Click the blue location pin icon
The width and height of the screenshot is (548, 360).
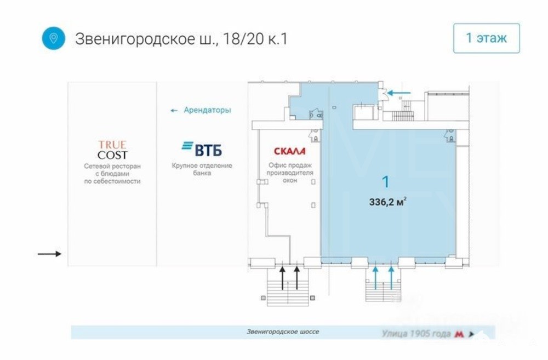click(54, 38)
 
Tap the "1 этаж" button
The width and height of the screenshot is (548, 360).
click(486, 38)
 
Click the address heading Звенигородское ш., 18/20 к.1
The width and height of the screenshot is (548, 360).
click(181, 39)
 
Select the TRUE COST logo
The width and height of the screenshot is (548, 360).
click(112, 150)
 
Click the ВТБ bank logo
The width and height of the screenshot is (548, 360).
click(202, 149)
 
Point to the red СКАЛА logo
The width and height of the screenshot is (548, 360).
click(289, 151)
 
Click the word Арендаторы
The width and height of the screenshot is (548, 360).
click(207, 110)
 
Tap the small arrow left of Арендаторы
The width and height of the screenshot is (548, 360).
click(174, 111)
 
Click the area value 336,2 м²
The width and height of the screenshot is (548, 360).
click(387, 202)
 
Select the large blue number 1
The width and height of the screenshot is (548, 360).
click(385, 182)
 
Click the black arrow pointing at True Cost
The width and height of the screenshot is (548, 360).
click(49, 254)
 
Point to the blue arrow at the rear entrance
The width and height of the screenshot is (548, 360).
click(399, 93)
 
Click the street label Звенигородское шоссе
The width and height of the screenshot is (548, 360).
click(283, 332)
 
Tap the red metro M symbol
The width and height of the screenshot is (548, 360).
click(459, 334)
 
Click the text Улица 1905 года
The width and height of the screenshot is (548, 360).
click(416, 334)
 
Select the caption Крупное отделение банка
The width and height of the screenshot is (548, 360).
click(202, 169)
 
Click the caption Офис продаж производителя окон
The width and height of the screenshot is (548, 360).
click(290, 173)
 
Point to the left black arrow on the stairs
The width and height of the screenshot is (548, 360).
click(282, 278)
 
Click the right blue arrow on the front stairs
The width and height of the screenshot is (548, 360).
click(391, 278)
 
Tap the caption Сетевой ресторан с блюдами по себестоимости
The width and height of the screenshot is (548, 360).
click(112, 174)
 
